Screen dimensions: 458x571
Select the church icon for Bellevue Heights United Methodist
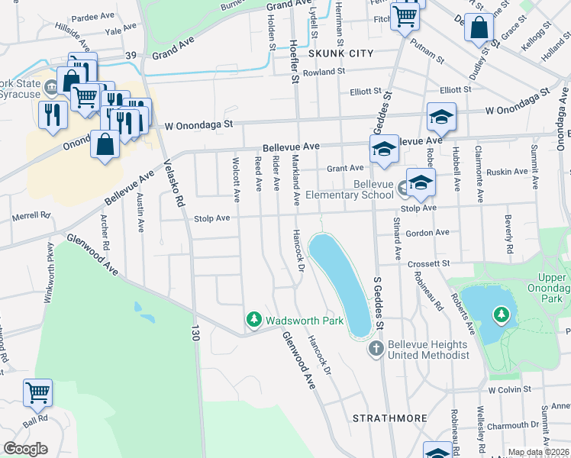(x=376, y=350)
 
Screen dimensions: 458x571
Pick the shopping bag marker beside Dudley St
(x=479, y=28)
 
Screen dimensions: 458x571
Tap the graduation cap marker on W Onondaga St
(x=441, y=118)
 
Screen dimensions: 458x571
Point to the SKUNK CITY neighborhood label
(x=340, y=53)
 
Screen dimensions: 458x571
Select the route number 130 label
(x=195, y=333)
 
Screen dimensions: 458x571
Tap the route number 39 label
(x=131, y=56)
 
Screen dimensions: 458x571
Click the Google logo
(x=25, y=448)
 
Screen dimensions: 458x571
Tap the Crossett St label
(x=428, y=263)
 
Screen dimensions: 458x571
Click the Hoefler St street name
(x=292, y=53)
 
